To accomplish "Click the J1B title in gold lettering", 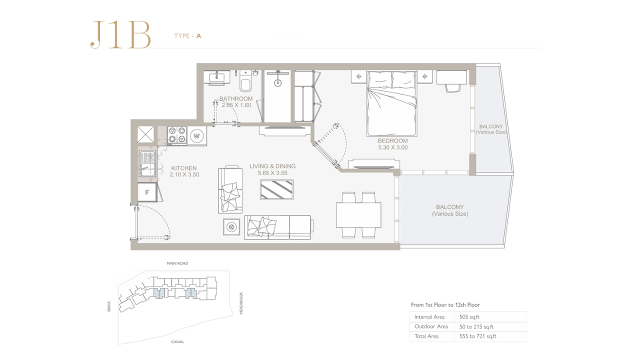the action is coord(120,34).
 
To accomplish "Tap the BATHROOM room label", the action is coord(236,98).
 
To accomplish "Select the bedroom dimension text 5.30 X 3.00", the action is coord(393,147).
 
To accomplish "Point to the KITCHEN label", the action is coord(183,168).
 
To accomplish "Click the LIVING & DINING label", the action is coord(272,166).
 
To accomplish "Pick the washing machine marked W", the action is coord(197,136).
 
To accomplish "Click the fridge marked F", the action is coord(147,192).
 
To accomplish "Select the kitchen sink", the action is coord(147,164).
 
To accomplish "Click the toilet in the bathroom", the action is coord(245,80).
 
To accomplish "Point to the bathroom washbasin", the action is coord(216,77).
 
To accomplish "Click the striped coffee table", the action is coord(276,189).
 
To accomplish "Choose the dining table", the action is coord(358,215).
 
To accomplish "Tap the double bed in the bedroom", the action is coord(391,103).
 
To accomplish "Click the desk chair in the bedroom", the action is coord(453,87).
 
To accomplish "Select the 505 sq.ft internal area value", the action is coord(469,317).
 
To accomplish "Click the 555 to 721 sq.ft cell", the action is coord(477,336).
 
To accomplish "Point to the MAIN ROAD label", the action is coord(177,263).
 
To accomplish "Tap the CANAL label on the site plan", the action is coord(177,341).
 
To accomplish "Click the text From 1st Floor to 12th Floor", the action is coord(445,305).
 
